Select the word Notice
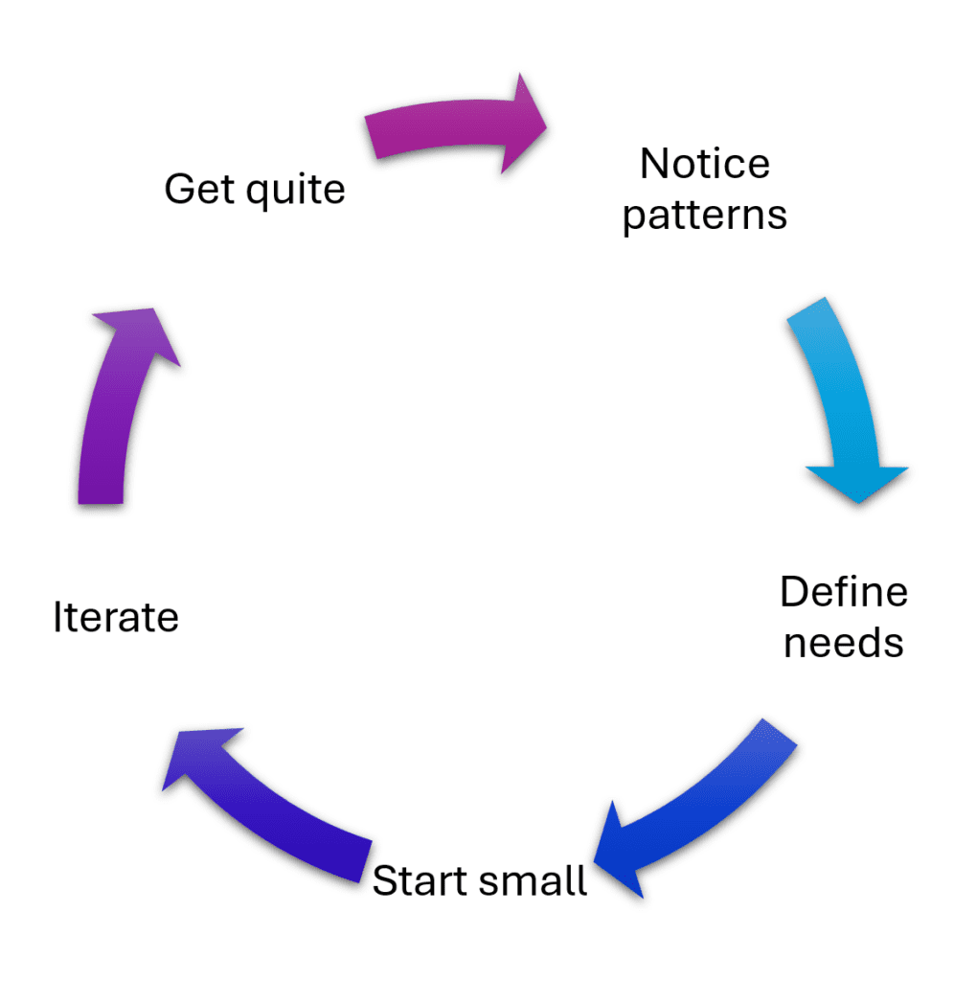pyautogui.click(x=705, y=164)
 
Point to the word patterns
pyautogui.click(x=705, y=216)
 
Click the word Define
pyautogui.click(x=844, y=592)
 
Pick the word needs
pyautogui.click(x=844, y=642)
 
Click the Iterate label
pyautogui.click(x=116, y=618)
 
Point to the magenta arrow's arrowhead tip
pyautogui.click(x=544, y=124)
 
